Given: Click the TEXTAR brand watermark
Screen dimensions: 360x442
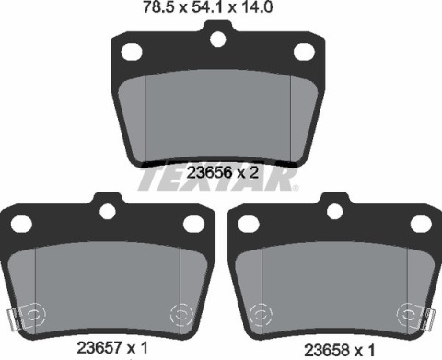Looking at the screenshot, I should click(217, 179).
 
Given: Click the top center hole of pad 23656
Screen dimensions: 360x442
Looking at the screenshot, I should click(217, 40).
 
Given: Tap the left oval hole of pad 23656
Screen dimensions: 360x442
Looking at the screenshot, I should click(132, 52).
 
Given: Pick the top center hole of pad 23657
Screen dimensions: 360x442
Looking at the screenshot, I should click(108, 211).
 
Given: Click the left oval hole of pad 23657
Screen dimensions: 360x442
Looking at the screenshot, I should click(22, 224).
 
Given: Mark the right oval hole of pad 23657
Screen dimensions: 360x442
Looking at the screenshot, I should click(193, 224).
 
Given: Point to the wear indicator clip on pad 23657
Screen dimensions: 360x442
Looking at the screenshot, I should click(13, 320).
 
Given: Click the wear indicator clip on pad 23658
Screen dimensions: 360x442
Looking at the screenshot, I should click(426, 320).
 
